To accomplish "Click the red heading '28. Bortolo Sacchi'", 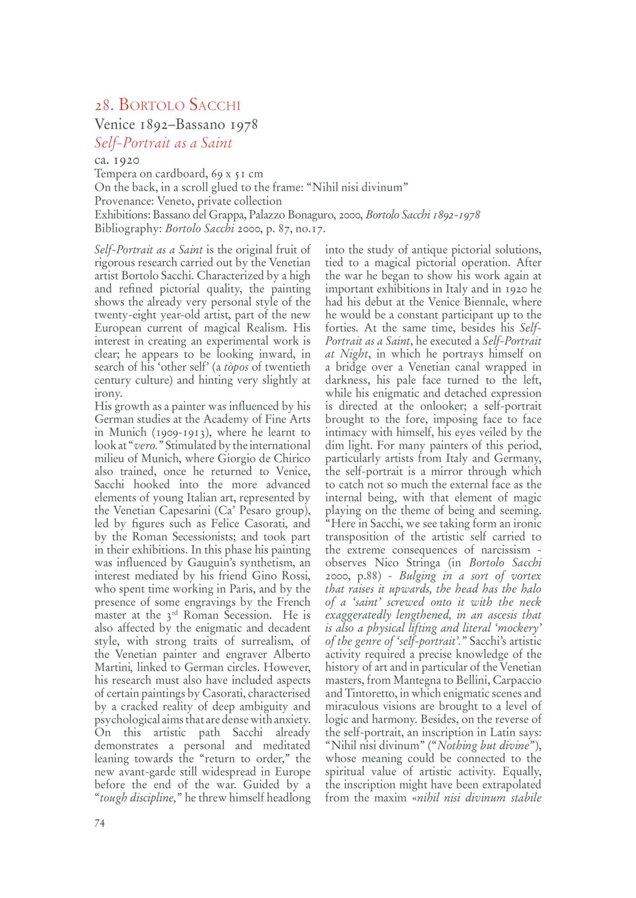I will pyautogui.click(x=167, y=105).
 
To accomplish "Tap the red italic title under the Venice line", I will pyautogui.click(x=163, y=143).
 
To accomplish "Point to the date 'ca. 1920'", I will pyautogui.click(x=117, y=160).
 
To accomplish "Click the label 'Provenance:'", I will pyautogui.click(x=124, y=201).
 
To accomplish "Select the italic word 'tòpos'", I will pyautogui.click(x=234, y=367).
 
